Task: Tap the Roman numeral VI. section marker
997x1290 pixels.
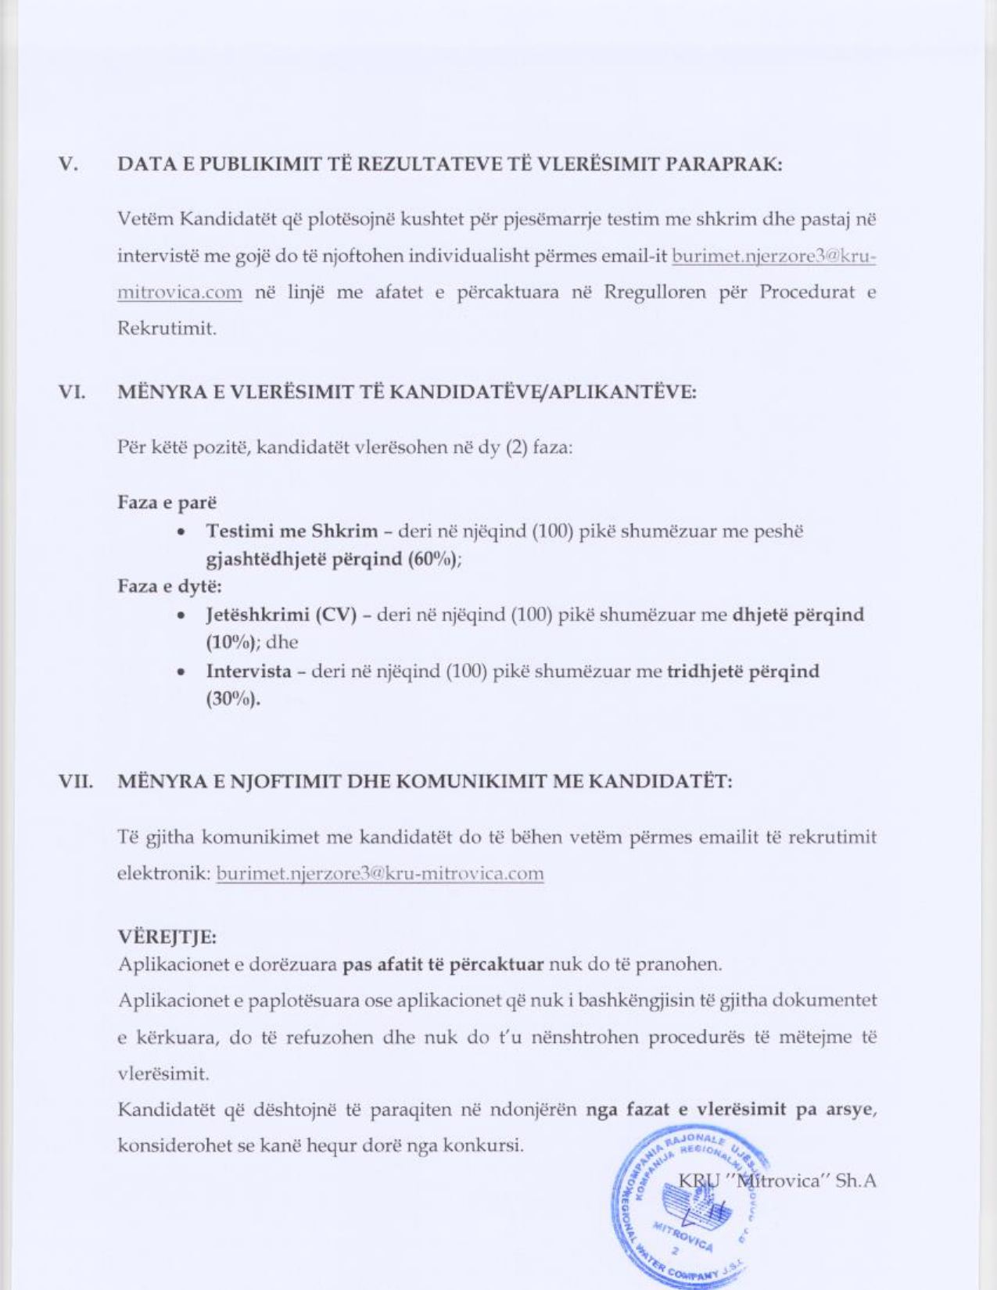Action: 72,392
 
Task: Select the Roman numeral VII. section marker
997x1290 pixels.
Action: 76,781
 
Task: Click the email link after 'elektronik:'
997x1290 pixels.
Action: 380,873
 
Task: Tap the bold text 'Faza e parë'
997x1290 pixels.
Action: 167,502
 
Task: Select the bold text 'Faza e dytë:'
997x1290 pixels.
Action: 170,586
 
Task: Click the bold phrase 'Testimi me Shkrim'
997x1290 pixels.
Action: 292,531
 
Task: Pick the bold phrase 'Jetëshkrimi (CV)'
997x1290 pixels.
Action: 282,615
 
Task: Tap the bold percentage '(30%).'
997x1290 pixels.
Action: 233,699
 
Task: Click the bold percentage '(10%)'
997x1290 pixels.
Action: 232,643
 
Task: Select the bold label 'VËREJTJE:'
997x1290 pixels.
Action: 167,936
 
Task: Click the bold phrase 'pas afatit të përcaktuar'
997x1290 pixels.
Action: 443,963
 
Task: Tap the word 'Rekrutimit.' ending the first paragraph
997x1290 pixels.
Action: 167,328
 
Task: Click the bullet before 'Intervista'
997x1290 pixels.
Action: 181,672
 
